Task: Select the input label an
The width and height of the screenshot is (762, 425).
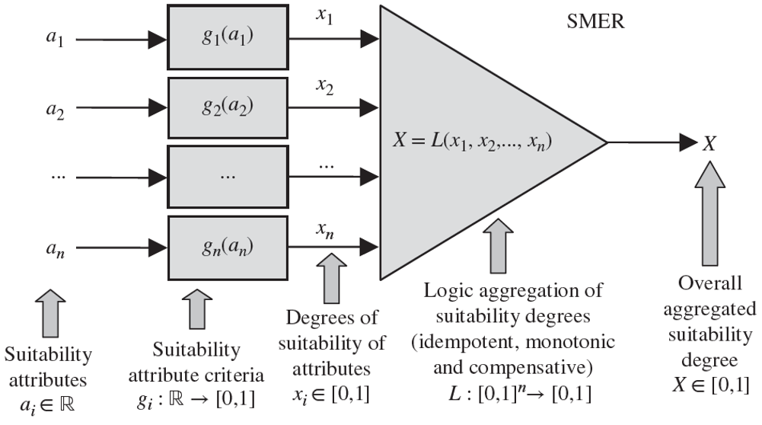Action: click(x=53, y=248)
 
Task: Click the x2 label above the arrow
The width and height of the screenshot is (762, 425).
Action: click(x=326, y=88)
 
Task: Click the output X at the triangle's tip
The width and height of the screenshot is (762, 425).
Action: click(x=709, y=142)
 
